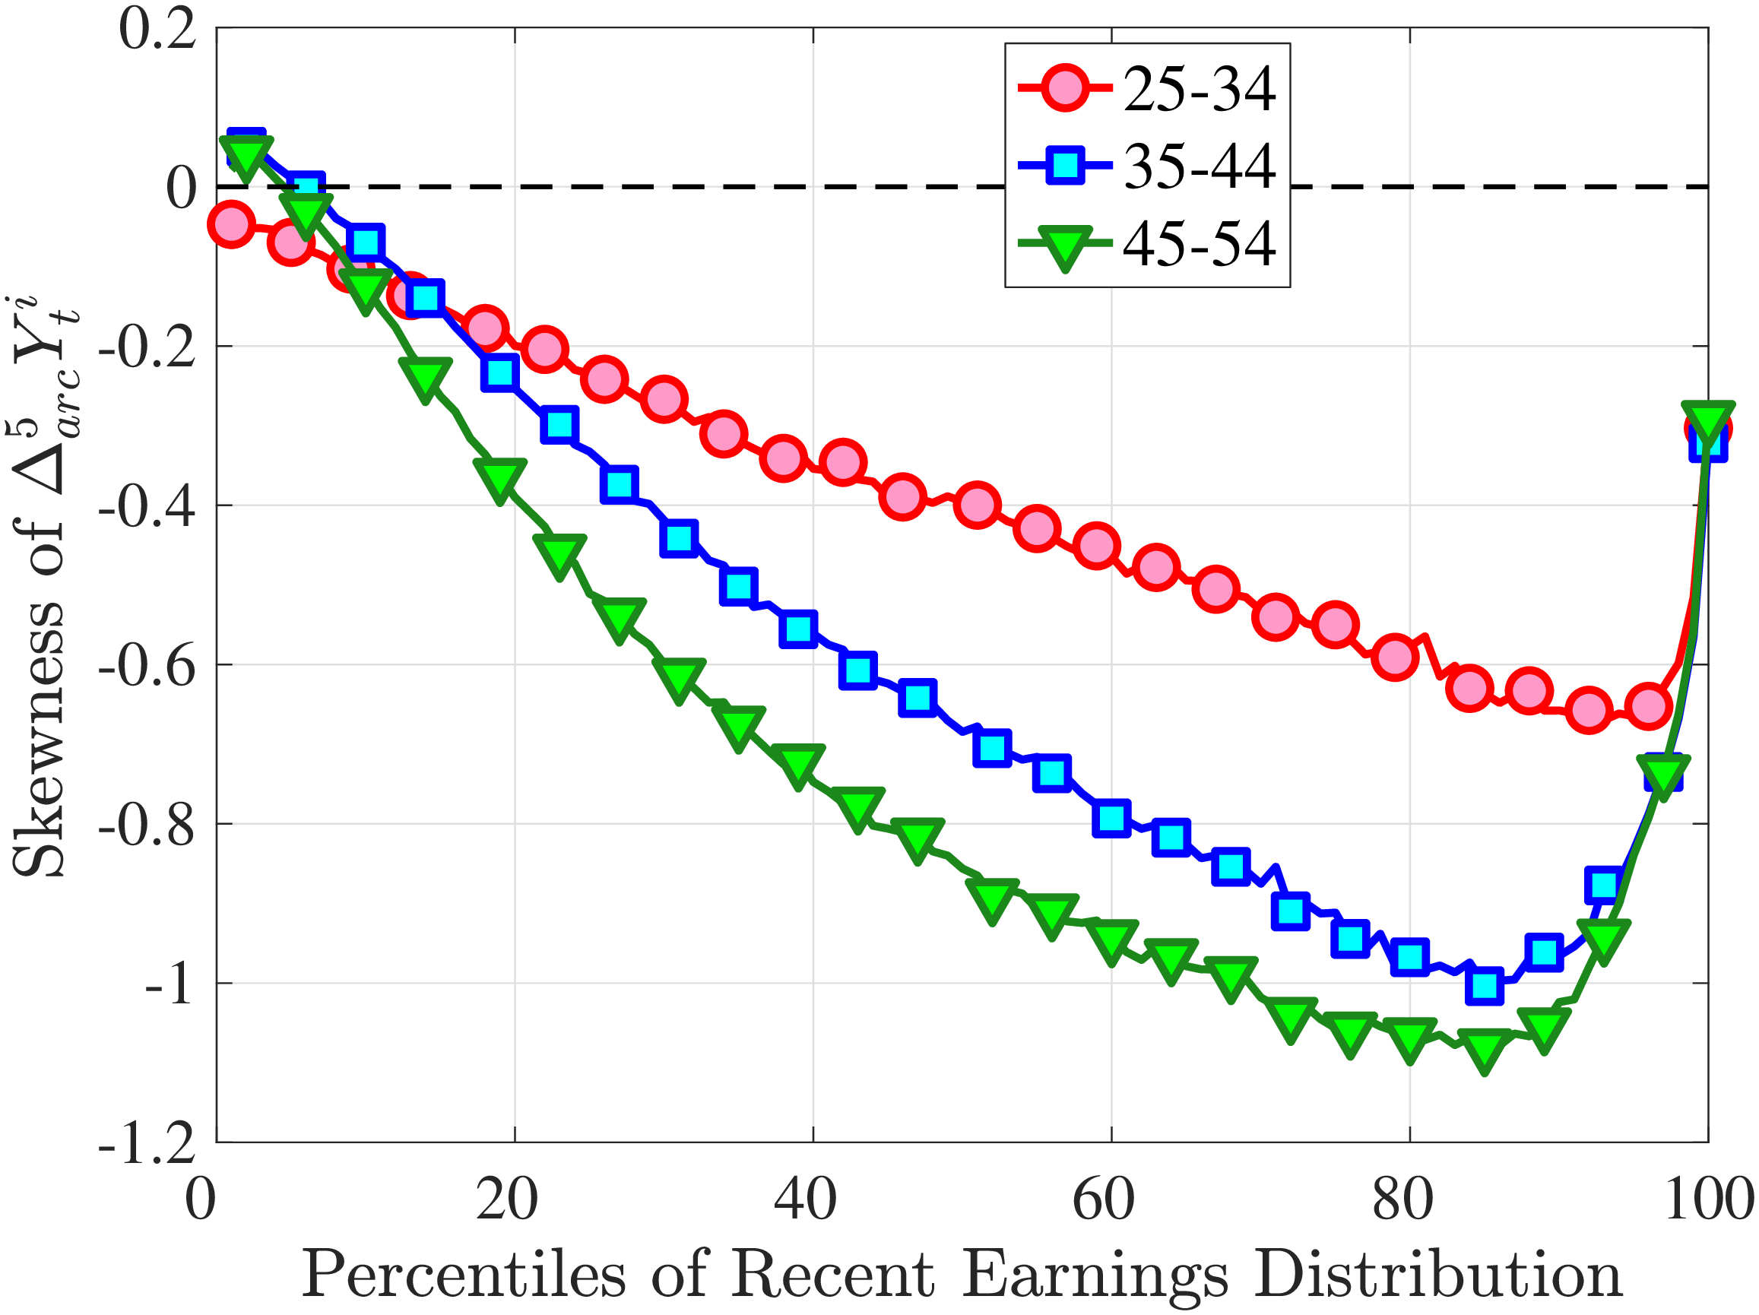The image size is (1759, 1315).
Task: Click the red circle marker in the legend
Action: click(x=1064, y=88)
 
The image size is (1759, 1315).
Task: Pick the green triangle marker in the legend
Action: click(x=1064, y=246)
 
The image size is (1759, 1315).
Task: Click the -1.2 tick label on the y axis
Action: click(x=147, y=1144)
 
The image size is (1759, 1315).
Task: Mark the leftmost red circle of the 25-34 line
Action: click(x=230, y=224)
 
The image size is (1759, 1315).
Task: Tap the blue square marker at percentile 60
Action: click(x=1111, y=818)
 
